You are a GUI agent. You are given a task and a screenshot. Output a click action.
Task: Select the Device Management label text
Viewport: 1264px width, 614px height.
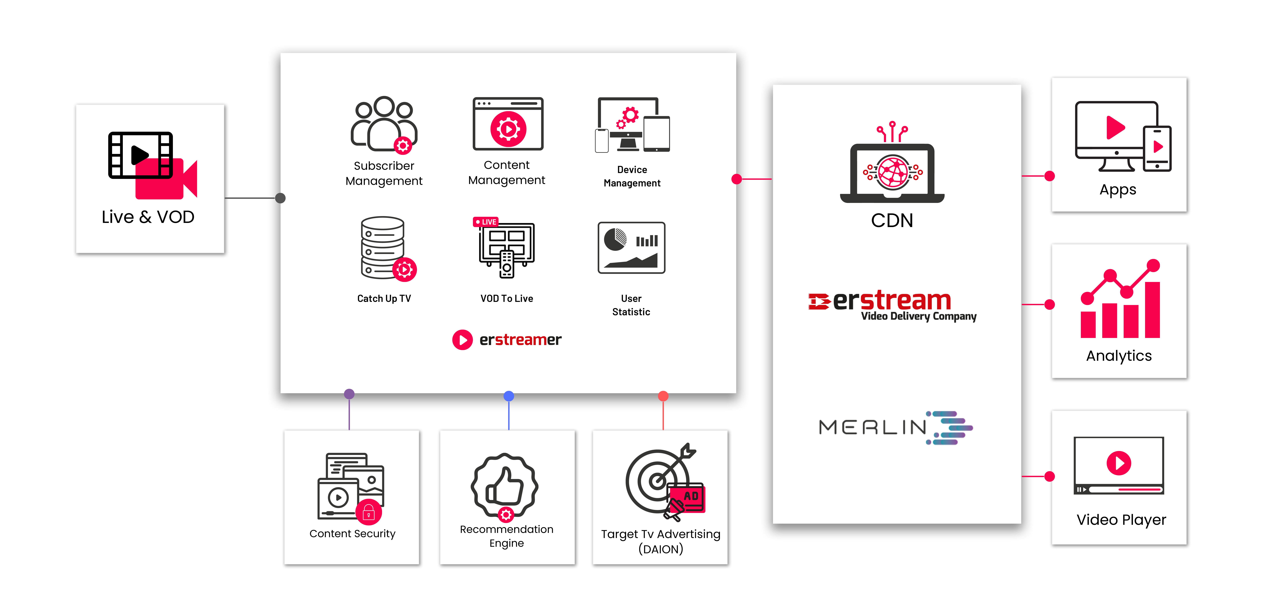(x=632, y=176)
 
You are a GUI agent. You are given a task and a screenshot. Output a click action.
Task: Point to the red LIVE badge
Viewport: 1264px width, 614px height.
(x=485, y=222)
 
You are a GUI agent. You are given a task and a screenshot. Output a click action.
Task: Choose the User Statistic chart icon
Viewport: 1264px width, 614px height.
(x=632, y=248)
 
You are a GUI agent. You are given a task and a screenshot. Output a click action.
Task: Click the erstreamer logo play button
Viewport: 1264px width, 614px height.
(x=462, y=339)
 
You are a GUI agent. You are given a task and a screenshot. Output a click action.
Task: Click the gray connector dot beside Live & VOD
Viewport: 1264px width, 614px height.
(x=280, y=198)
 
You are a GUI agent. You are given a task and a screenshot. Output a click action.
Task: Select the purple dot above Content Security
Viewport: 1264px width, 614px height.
(x=349, y=394)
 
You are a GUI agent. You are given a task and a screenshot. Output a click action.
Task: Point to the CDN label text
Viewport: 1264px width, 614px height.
(x=892, y=220)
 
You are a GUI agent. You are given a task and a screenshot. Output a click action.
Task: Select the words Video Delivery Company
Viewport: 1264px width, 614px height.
(x=919, y=316)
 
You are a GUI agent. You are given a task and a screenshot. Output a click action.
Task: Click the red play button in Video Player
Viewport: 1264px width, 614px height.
(x=1119, y=463)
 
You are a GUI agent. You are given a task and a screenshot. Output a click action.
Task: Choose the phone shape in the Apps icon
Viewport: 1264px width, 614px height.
(x=1157, y=149)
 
